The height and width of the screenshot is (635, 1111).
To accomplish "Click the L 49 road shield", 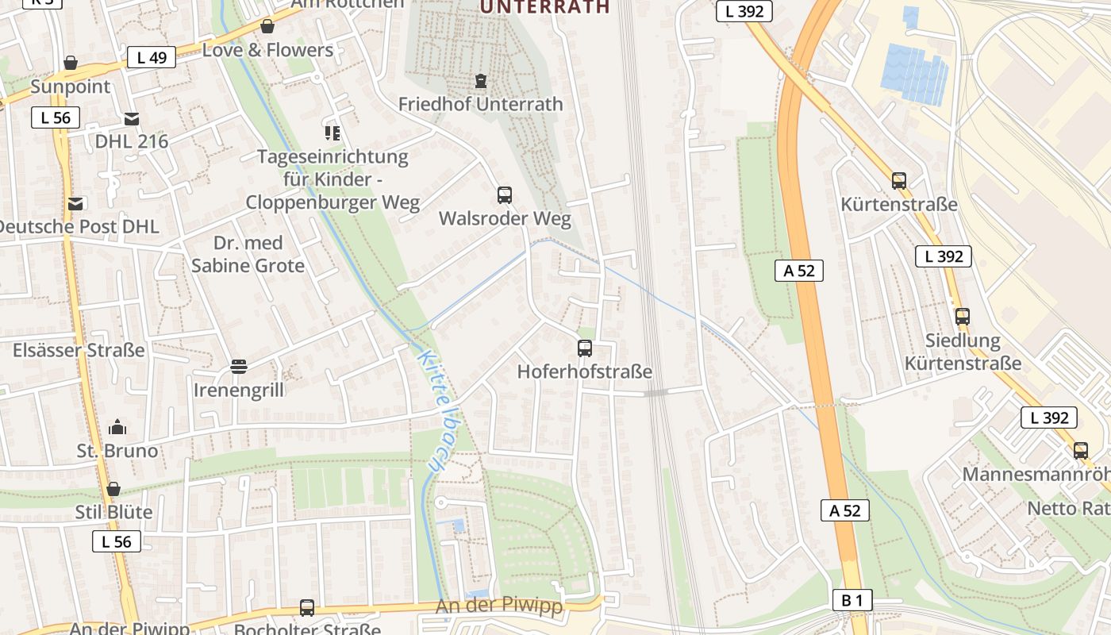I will (152, 57).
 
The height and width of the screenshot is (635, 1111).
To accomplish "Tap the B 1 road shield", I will (852, 600).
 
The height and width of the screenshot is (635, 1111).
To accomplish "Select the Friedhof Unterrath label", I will (480, 104).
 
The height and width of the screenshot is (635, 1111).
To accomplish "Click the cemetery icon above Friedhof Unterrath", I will (480, 80).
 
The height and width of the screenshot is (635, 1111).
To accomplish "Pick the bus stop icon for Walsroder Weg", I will (505, 194).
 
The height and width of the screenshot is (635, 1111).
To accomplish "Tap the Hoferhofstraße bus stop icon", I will (585, 348).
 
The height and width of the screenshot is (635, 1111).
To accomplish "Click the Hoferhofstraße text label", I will (585, 371).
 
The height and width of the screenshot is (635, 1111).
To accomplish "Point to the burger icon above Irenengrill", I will (238, 366).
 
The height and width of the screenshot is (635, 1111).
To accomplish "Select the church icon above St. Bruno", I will (117, 427).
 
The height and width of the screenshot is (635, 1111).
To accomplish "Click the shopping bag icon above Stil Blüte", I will (113, 488).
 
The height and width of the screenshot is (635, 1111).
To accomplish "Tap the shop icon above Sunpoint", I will (71, 62).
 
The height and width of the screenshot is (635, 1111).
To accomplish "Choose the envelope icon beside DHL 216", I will (132, 119).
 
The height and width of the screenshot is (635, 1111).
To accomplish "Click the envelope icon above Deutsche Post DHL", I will (75, 203).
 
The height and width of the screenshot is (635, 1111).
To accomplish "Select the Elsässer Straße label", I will (79, 350).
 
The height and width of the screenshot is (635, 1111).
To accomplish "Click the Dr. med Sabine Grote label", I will (248, 254).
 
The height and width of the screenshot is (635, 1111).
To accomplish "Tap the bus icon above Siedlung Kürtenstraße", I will (963, 316).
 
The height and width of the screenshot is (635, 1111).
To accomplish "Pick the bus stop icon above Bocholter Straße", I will (307, 608).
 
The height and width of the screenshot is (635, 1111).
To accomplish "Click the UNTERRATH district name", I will (545, 7).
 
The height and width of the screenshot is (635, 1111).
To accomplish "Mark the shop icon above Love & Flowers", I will (267, 26).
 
